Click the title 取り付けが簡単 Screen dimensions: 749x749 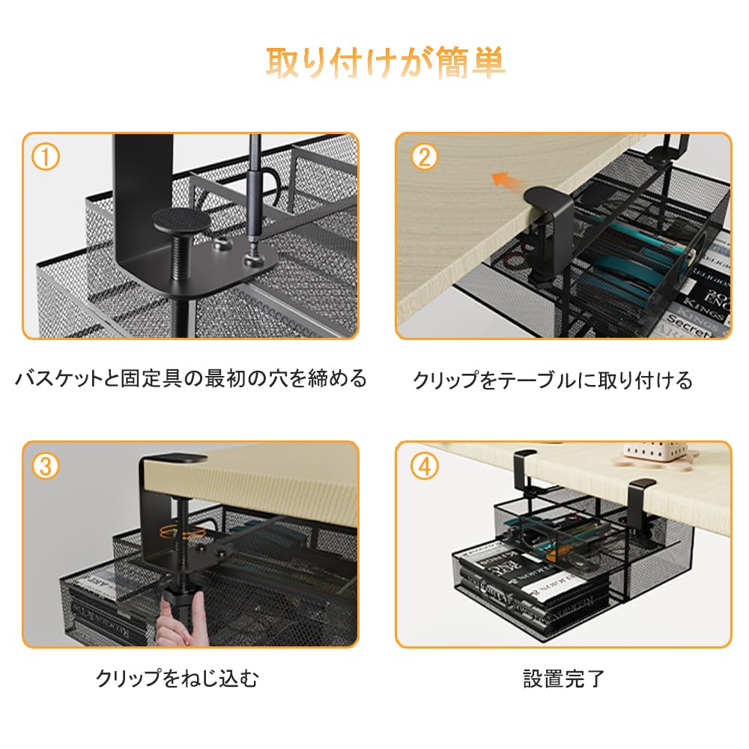coord(386,64)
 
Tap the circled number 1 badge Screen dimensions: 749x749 coord(46,157)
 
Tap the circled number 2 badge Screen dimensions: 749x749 coord(423,157)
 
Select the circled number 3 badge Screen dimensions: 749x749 coord(46,466)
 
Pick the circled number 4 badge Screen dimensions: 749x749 coord(424,466)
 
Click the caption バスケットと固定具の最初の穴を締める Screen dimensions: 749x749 coord(191,379)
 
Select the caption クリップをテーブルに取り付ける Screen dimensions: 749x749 coord(553,380)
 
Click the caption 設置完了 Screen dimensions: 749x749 coord(563,679)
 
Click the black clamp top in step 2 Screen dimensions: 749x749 coord(548,200)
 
